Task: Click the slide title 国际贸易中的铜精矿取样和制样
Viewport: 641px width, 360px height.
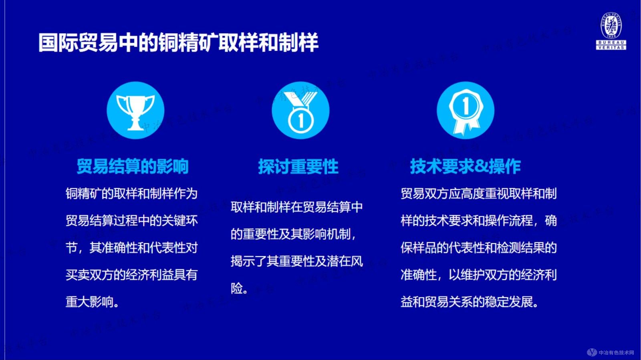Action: click(178, 42)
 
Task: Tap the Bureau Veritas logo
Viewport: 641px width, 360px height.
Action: click(611, 31)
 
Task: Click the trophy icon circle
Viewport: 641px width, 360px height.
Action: click(135, 111)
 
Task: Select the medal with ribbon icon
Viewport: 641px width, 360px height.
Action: click(300, 111)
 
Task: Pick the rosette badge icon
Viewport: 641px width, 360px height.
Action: click(466, 111)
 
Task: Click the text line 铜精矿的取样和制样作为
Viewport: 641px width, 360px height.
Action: click(131, 194)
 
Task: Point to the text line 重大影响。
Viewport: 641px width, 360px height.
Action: click(93, 302)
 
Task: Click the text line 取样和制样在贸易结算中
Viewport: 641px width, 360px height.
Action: click(296, 207)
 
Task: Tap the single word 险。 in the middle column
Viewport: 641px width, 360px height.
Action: click(239, 288)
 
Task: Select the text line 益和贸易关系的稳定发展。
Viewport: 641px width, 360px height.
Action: click(469, 302)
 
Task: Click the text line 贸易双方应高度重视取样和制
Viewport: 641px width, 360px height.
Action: click(478, 194)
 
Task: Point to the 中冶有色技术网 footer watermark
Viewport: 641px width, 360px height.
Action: click(611, 352)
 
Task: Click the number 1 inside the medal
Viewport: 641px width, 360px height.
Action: click(300, 120)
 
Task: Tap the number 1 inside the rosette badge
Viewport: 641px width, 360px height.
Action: click(466, 106)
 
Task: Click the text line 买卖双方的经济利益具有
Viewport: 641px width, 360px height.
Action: click(131, 275)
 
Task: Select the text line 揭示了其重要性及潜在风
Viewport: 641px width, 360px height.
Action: click(296, 261)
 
